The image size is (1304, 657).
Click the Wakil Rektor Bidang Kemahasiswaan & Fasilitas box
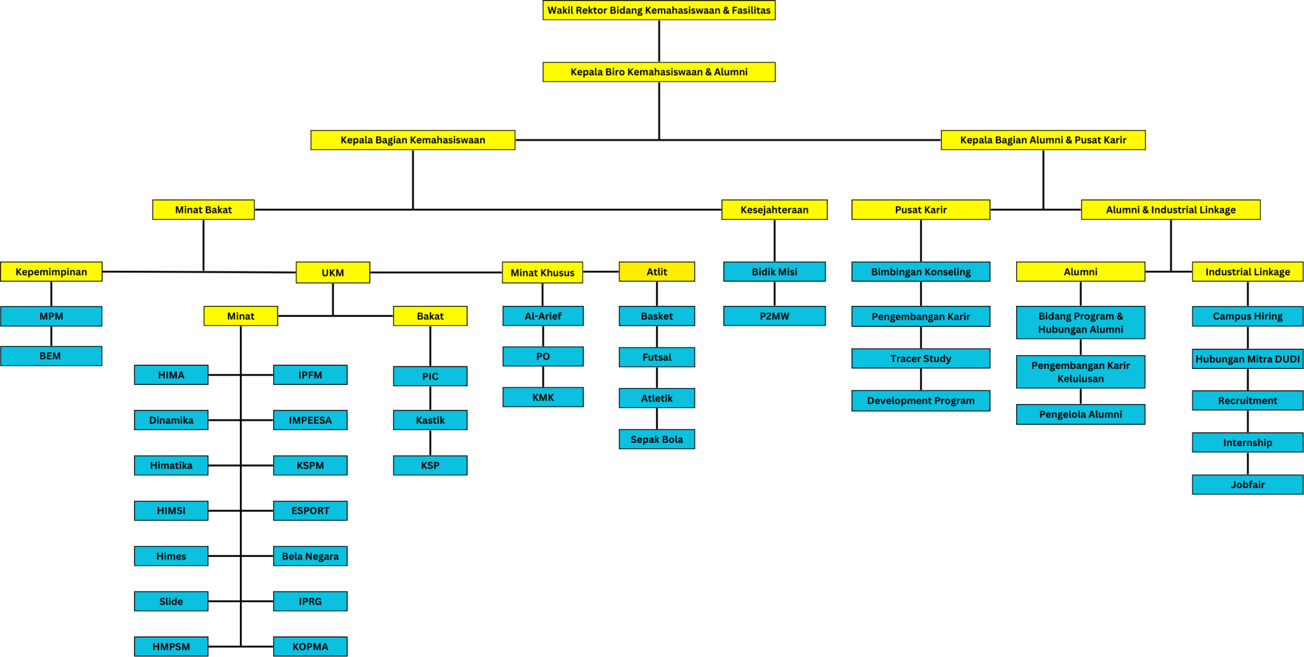coord(659,10)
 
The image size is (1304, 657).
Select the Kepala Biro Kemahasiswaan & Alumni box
coord(659,72)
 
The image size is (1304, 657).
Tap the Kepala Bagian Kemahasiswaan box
coord(413,140)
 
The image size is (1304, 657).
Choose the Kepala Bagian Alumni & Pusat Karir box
coord(1043,140)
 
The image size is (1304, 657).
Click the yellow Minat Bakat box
coord(203,210)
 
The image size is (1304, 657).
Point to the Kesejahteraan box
coord(774,210)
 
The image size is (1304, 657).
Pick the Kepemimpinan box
coord(51,271)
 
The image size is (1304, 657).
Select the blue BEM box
coord(51,356)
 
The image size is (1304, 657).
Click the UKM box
coord(332,272)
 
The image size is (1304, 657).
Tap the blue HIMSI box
coord(171,510)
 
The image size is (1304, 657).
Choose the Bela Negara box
coord(310,556)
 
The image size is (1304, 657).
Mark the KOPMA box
coord(310,646)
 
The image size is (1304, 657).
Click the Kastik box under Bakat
coord(430,420)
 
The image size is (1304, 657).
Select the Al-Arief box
coord(542,316)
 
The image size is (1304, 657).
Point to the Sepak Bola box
coord(656,439)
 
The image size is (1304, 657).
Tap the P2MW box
coord(774,316)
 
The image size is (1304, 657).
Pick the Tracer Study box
coord(921,358)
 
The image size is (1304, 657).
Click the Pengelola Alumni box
coord(1081,414)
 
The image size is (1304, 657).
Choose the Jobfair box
coord(1247,484)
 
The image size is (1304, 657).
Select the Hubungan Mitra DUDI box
coord(1247,359)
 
